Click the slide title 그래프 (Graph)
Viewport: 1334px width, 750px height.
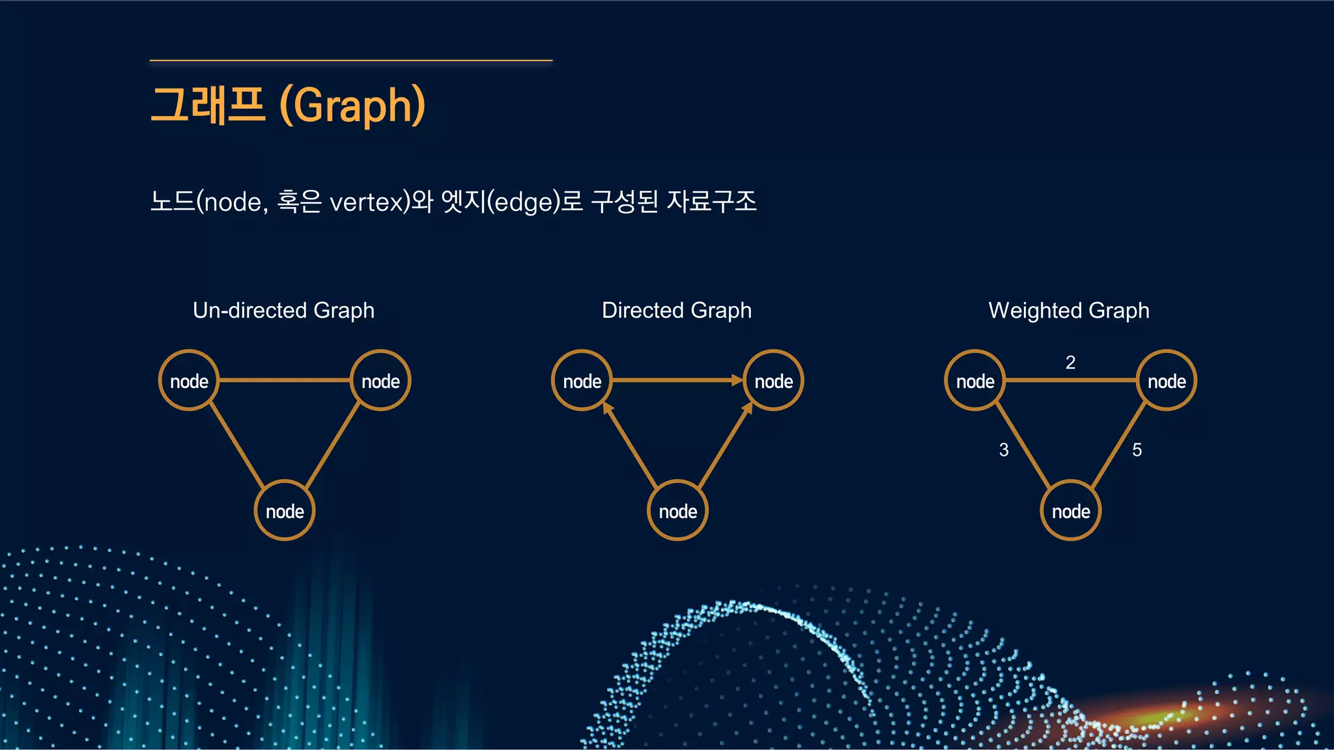pos(287,105)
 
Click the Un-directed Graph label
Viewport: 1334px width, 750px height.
pos(283,311)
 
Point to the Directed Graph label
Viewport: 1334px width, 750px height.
pos(676,311)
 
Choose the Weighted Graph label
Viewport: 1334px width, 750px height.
pos(1068,311)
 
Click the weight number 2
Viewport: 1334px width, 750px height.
pos(1070,363)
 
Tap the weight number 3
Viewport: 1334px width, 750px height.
pos(1004,450)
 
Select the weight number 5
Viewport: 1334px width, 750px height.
pos(1137,450)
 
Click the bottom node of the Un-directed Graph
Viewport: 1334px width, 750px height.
pos(285,511)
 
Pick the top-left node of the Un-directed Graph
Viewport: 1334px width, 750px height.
pos(189,381)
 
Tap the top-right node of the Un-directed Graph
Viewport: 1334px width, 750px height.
pos(380,381)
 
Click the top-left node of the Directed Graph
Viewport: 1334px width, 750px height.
pos(582,381)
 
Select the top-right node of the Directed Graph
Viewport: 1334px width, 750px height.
pos(773,381)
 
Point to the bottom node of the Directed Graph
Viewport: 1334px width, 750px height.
pos(677,511)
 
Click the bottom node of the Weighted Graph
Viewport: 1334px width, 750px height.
pos(1071,511)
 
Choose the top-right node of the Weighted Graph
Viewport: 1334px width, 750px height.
pos(1167,381)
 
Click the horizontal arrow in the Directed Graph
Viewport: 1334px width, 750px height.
pos(677,380)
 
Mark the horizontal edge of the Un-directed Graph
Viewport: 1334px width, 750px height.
pos(285,380)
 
